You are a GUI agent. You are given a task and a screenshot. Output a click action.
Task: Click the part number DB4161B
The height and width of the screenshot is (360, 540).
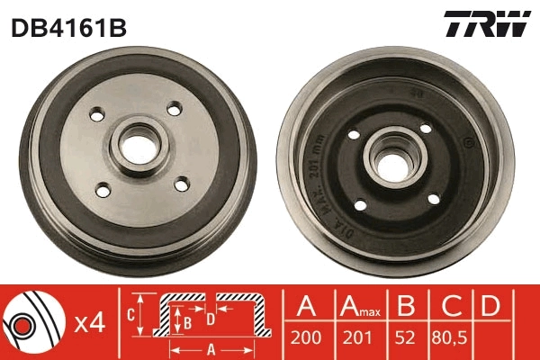click(68, 27)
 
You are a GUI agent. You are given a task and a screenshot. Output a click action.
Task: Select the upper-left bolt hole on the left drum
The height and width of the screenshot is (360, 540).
click(96, 115)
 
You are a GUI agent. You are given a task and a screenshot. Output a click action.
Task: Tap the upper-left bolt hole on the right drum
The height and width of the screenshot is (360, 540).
click(354, 135)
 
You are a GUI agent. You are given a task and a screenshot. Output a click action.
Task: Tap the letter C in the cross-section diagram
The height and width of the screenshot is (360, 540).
click(130, 315)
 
